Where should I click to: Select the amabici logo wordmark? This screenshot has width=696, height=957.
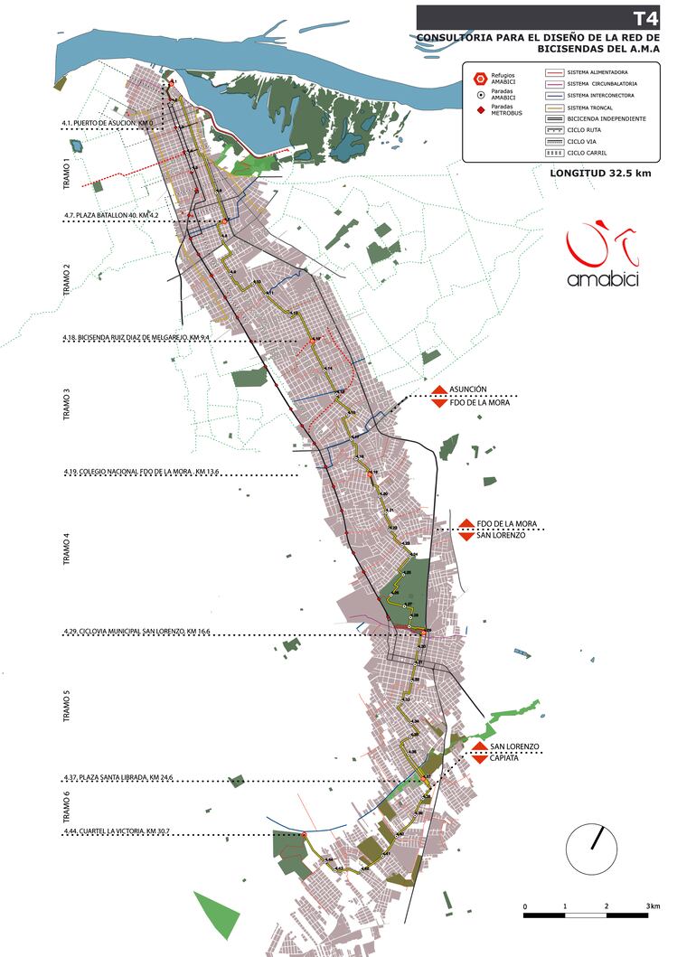[x=603, y=279]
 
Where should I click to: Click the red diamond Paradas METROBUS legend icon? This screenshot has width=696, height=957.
[x=480, y=109]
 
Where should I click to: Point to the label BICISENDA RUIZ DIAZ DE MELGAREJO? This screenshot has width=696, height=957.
[x=136, y=337]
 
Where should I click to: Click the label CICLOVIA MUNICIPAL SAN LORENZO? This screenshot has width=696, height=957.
[x=136, y=630]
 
